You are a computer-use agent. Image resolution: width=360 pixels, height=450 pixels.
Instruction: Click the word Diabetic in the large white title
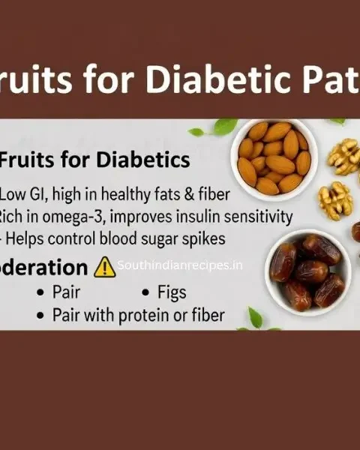coord(211,78)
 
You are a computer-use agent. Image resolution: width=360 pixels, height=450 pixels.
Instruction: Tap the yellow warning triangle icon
coord(105,266)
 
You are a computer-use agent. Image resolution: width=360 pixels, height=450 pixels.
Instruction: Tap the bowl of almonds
coord(274,157)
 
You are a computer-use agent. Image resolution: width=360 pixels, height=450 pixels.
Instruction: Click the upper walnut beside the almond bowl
coord(343,156)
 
